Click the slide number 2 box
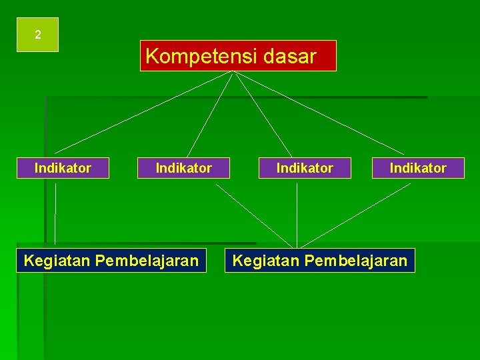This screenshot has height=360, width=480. pos(38,35)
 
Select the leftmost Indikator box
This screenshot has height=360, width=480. pos(63,168)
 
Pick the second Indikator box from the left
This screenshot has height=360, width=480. pos(183,168)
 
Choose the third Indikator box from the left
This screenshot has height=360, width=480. pos(305,168)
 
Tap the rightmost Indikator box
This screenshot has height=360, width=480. pos(418,168)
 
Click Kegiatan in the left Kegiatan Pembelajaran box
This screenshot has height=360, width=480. pos(57,260)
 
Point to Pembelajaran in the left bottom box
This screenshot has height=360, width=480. pos(147,260)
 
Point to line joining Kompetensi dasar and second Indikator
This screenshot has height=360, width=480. pos(209,115)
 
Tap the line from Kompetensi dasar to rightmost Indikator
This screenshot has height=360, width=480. pos(320,113)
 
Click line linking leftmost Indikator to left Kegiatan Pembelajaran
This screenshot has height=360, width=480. pos(55,213)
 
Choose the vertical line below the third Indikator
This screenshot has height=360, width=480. pos(297,213)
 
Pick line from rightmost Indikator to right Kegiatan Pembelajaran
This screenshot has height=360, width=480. pos(355,215)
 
